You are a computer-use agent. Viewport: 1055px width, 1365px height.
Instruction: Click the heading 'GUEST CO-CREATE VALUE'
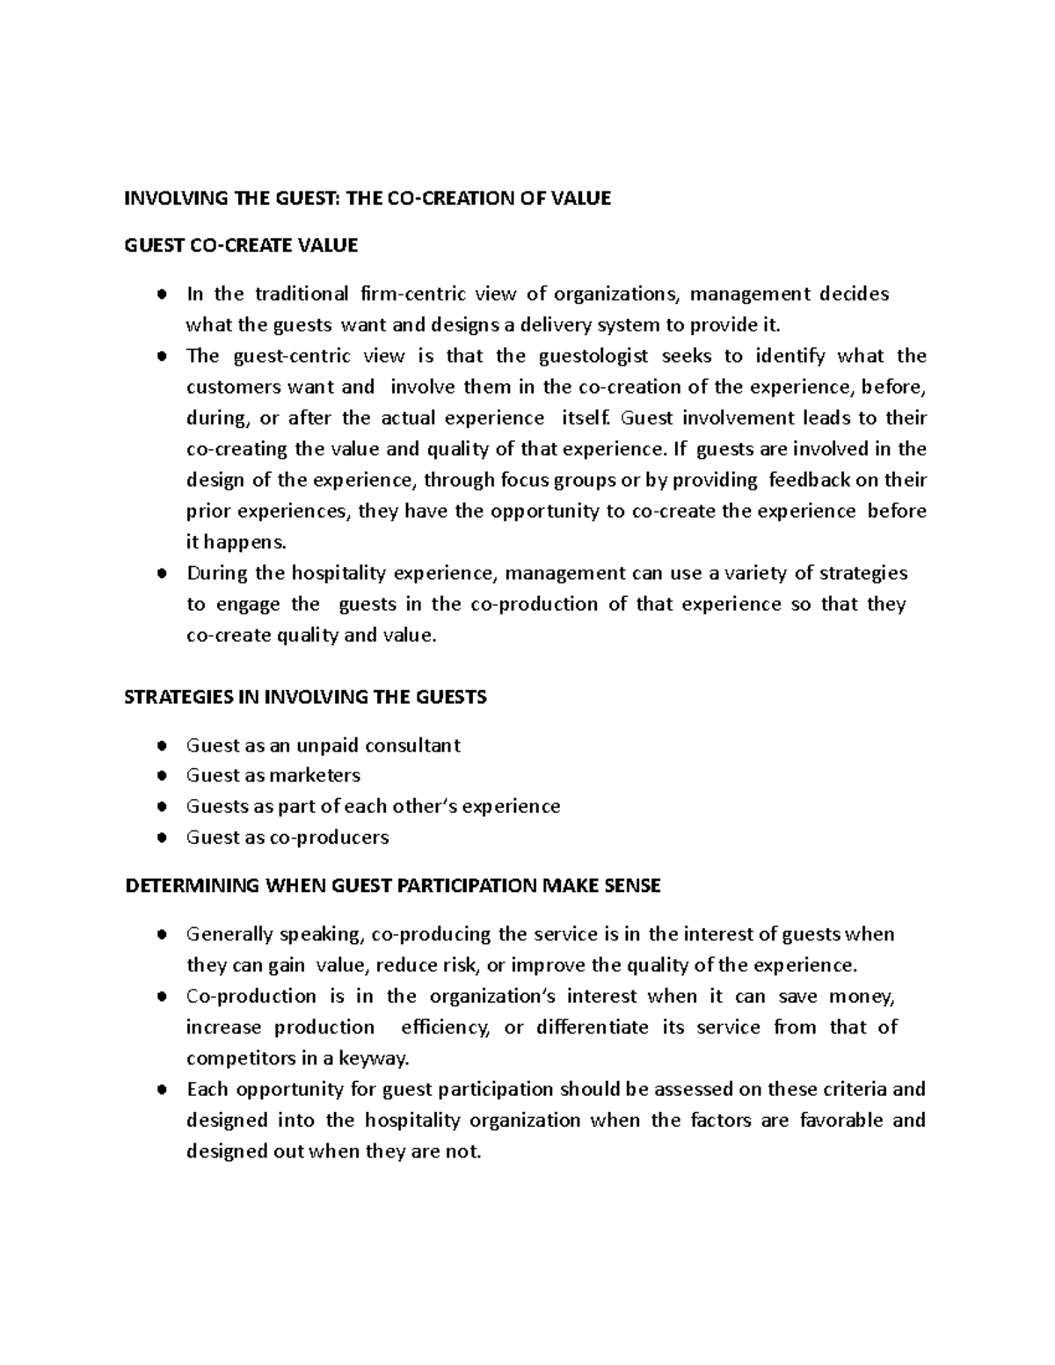(x=242, y=245)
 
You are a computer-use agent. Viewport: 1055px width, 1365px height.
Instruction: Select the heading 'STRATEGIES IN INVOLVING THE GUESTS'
(x=305, y=697)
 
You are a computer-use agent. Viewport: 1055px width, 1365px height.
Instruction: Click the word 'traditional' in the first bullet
(x=301, y=294)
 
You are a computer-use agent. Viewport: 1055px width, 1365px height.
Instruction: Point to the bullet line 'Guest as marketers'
(x=273, y=775)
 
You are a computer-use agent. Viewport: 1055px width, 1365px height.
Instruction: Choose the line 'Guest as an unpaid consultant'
(x=323, y=745)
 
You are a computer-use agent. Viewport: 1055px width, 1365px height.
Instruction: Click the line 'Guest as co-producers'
(x=287, y=837)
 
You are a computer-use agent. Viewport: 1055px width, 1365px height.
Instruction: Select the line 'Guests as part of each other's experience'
(x=373, y=806)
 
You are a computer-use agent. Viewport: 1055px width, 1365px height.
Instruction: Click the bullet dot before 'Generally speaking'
(x=162, y=934)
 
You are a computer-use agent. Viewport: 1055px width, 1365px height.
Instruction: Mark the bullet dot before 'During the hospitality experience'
(x=162, y=574)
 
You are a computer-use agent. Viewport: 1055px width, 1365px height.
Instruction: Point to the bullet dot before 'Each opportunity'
(x=162, y=1090)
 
